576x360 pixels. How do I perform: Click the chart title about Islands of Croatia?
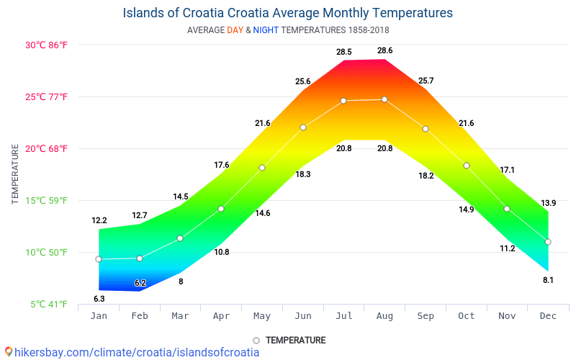(x=288, y=13)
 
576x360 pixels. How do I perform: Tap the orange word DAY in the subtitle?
(x=235, y=30)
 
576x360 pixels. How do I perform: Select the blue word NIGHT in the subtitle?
(x=266, y=30)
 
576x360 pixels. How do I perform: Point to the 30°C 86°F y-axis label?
(x=46, y=45)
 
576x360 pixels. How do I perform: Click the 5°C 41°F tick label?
(x=49, y=304)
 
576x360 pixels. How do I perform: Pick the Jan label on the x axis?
(x=99, y=316)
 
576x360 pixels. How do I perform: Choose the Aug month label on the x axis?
(x=384, y=316)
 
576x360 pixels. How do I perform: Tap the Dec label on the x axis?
(x=548, y=316)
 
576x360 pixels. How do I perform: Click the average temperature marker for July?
(x=343, y=101)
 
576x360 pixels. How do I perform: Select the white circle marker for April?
(x=221, y=209)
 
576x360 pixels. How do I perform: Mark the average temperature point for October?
(x=467, y=166)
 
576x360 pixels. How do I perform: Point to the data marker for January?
(x=99, y=259)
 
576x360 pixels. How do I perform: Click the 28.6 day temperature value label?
(x=385, y=50)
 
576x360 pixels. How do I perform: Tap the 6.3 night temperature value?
(x=99, y=298)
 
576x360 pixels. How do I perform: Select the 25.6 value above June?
(x=302, y=81)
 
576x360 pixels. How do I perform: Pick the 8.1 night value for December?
(x=548, y=280)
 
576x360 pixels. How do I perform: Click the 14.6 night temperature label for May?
(x=262, y=213)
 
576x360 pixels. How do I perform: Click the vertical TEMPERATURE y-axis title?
(x=15, y=174)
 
